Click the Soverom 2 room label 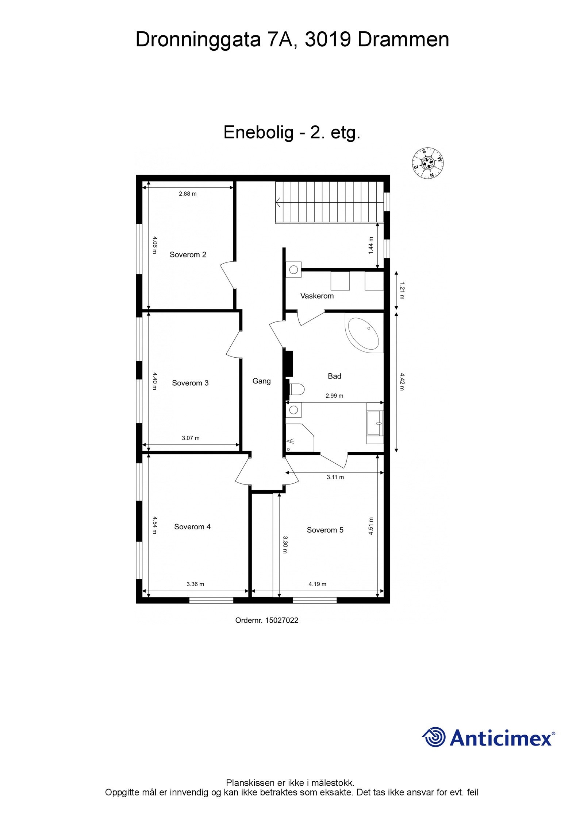[x=188, y=254]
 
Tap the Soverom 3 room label [x=190, y=383]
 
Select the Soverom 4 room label [x=192, y=526]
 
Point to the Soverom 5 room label [x=325, y=530]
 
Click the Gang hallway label [x=261, y=381]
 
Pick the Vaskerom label [x=317, y=296]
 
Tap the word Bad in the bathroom [x=334, y=376]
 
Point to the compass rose [x=428, y=164]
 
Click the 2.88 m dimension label [x=188, y=194]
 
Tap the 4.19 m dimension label [x=317, y=584]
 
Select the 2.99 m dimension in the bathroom [x=334, y=396]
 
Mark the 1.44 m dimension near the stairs [x=371, y=245]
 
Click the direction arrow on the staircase [x=279, y=202]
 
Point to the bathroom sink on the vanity [x=376, y=423]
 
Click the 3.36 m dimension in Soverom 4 [x=195, y=584]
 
